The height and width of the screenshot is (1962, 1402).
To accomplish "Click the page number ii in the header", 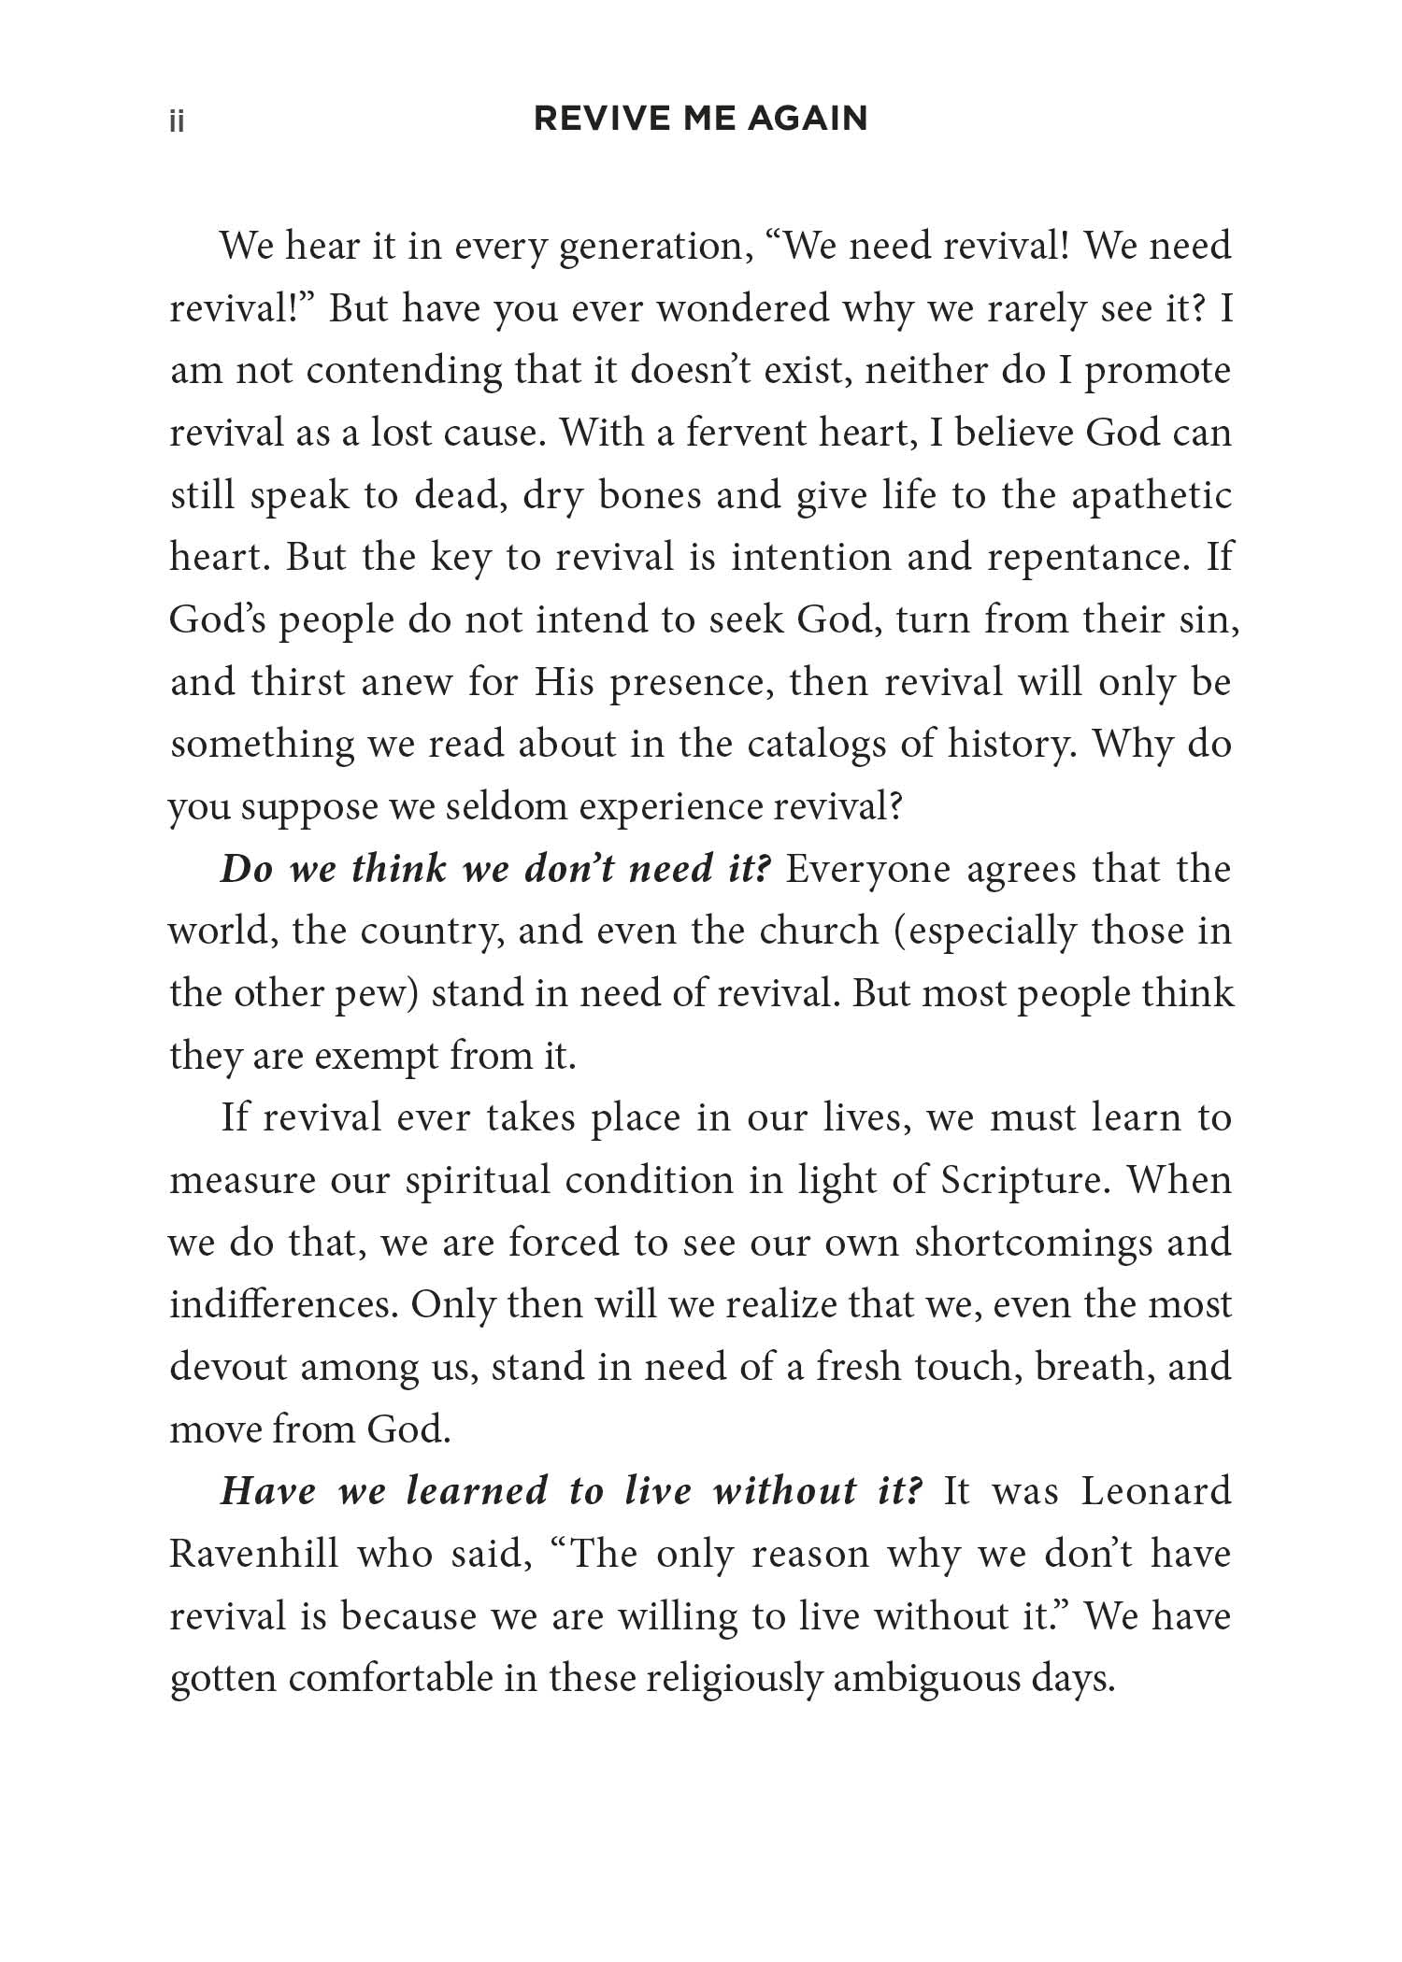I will (x=177, y=122).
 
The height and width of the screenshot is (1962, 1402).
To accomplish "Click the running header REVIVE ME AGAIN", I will (x=700, y=120).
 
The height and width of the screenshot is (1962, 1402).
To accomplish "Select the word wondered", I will (x=742, y=309).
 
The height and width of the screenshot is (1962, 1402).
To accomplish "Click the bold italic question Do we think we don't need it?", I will (x=496, y=869).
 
